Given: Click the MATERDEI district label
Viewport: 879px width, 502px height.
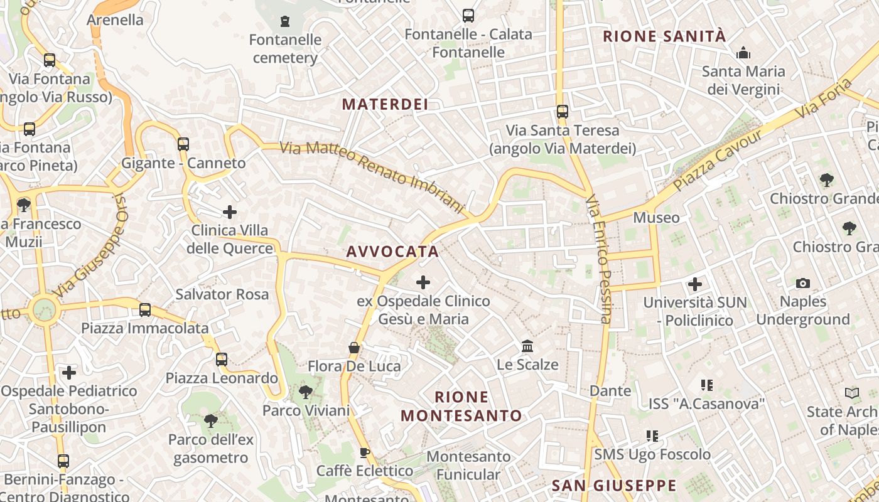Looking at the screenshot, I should [386, 104].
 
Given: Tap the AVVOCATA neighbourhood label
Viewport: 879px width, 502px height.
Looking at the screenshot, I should [392, 252].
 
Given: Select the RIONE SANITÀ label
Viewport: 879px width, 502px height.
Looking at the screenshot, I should [664, 36].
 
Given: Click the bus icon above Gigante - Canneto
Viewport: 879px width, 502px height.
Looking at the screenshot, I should [183, 144].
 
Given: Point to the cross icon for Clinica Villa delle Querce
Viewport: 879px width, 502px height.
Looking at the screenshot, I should [230, 212].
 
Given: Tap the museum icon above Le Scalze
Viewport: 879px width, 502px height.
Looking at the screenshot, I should [527, 346].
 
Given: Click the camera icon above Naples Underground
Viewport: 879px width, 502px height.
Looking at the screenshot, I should [803, 284].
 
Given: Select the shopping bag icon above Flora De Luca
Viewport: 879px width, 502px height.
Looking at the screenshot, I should [354, 348].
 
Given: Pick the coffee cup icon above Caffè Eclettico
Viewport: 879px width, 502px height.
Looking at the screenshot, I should [365, 453].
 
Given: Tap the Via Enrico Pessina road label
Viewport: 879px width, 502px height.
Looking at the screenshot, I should [599, 259].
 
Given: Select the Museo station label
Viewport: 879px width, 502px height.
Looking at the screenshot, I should [656, 218].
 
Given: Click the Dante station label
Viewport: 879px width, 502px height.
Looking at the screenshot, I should [610, 391].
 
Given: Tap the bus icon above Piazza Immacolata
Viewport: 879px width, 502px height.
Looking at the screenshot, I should [145, 309].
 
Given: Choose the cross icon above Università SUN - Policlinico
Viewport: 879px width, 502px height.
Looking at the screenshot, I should [695, 284].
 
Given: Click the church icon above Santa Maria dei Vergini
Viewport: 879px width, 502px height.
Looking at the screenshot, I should [743, 53].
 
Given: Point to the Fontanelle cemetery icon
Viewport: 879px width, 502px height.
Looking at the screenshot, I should [286, 21].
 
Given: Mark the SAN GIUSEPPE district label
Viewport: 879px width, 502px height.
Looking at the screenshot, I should [613, 486].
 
